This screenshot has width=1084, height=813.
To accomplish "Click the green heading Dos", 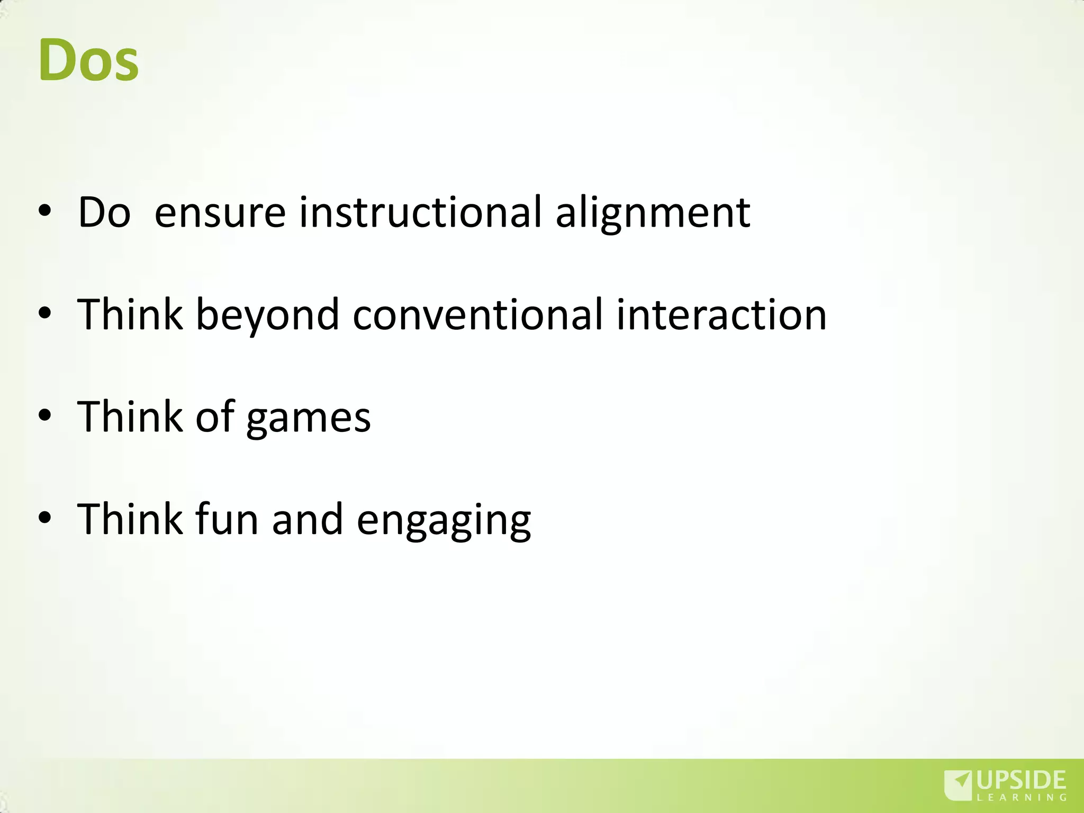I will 88,60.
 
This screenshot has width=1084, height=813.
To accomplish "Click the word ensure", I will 220,213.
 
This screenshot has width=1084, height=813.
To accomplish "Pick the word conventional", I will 477,315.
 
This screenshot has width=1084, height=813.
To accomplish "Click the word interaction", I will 721,315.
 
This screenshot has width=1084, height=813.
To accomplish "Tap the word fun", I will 227,519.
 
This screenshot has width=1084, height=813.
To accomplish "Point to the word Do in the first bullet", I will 104,213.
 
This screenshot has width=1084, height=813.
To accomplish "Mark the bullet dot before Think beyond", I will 45,313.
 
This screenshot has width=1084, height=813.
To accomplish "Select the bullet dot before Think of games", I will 45,415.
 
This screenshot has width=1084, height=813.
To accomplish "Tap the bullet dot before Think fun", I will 45,517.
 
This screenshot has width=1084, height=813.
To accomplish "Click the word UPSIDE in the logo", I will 1021,780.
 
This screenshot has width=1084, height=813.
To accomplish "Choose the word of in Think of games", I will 214,417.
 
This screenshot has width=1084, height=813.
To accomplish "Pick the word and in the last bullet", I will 308,519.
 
